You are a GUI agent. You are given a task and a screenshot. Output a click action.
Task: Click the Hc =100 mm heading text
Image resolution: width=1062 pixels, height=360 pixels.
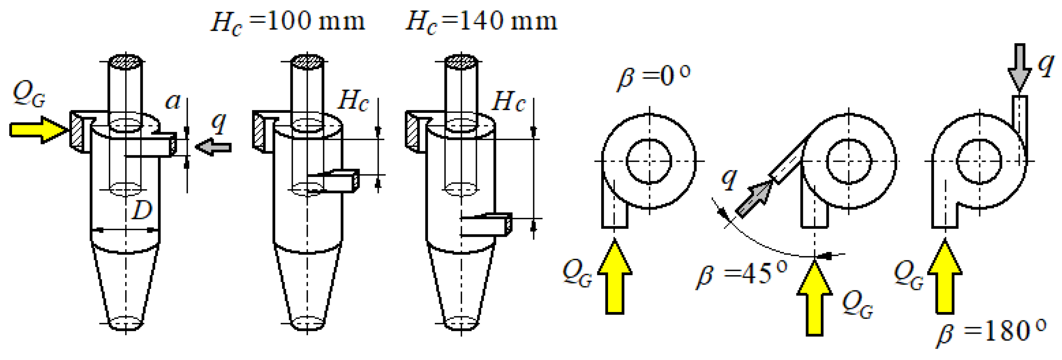(x=287, y=22)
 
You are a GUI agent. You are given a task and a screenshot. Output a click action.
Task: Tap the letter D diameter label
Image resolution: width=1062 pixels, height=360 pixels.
(x=142, y=210)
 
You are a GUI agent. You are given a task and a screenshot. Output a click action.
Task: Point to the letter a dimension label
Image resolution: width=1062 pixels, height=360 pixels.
(x=173, y=102)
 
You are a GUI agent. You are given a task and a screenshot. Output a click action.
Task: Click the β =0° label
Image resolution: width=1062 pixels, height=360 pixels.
(x=654, y=76)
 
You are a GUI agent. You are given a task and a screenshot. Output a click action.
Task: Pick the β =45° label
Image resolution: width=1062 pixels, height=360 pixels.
(x=741, y=274)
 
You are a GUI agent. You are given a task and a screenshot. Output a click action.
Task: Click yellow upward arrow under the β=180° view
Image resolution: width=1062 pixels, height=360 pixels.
(x=944, y=278)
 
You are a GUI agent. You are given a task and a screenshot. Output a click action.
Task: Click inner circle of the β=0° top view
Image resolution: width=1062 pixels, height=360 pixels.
(x=649, y=161)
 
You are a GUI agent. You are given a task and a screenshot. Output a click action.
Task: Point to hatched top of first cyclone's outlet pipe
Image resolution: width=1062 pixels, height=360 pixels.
(x=125, y=62)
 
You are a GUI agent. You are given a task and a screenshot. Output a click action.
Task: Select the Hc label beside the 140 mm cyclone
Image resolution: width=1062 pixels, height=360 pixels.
(x=509, y=102)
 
